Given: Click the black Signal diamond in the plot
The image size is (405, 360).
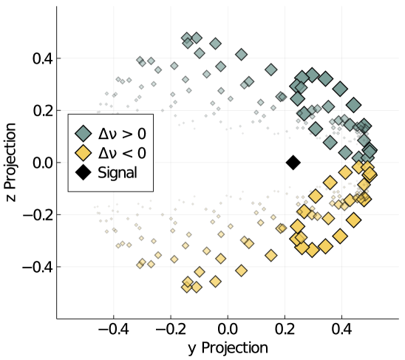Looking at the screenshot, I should pos(293,163).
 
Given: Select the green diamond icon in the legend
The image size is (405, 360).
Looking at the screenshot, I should pos(85,133).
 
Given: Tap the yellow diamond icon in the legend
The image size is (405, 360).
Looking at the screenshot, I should pos(85,153).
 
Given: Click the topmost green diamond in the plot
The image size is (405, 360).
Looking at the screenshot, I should pos(187,38).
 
